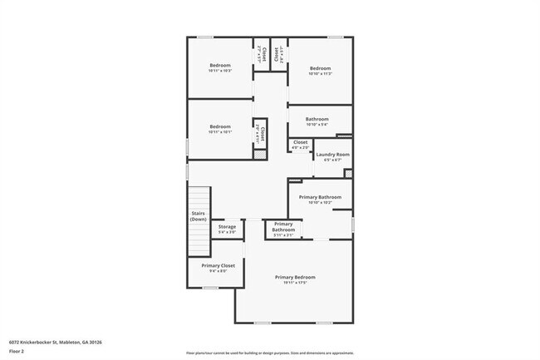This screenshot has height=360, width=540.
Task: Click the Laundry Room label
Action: pyautogui.click(x=332, y=155)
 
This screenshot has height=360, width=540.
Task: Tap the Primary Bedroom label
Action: pyautogui.click(x=295, y=277)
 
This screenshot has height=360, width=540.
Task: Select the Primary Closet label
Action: pyautogui.click(x=218, y=265)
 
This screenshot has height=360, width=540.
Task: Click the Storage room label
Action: pyautogui.click(x=227, y=226)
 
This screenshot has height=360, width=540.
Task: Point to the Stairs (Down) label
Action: pyautogui.click(x=198, y=215)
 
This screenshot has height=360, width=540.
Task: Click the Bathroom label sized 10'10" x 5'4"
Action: pyautogui.click(x=317, y=120)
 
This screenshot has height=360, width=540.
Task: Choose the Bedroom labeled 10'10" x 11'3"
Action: pyautogui.click(x=321, y=67)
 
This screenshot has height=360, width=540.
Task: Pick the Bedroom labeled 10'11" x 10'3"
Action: pyautogui.click(x=219, y=65)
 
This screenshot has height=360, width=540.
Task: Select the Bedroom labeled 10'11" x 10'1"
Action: pyautogui.click(x=219, y=126)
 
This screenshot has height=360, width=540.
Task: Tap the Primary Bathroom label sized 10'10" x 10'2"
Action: pyautogui.click(x=320, y=197)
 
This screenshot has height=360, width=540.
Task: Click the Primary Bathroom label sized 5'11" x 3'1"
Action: pyautogui.click(x=283, y=227)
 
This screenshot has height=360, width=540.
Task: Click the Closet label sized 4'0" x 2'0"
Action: pyautogui.click(x=300, y=142)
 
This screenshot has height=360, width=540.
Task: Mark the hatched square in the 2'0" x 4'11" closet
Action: pyautogui.click(x=260, y=155)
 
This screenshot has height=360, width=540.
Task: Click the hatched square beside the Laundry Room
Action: pyautogui.click(x=347, y=173)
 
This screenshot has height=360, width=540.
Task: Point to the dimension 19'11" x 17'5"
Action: pyautogui.click(x=295, y=283)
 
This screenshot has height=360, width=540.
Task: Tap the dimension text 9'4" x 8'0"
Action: pyautogui.click(x=218, y=271)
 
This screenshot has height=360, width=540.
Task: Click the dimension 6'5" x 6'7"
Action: pyautogui.click(x=332, y=160)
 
